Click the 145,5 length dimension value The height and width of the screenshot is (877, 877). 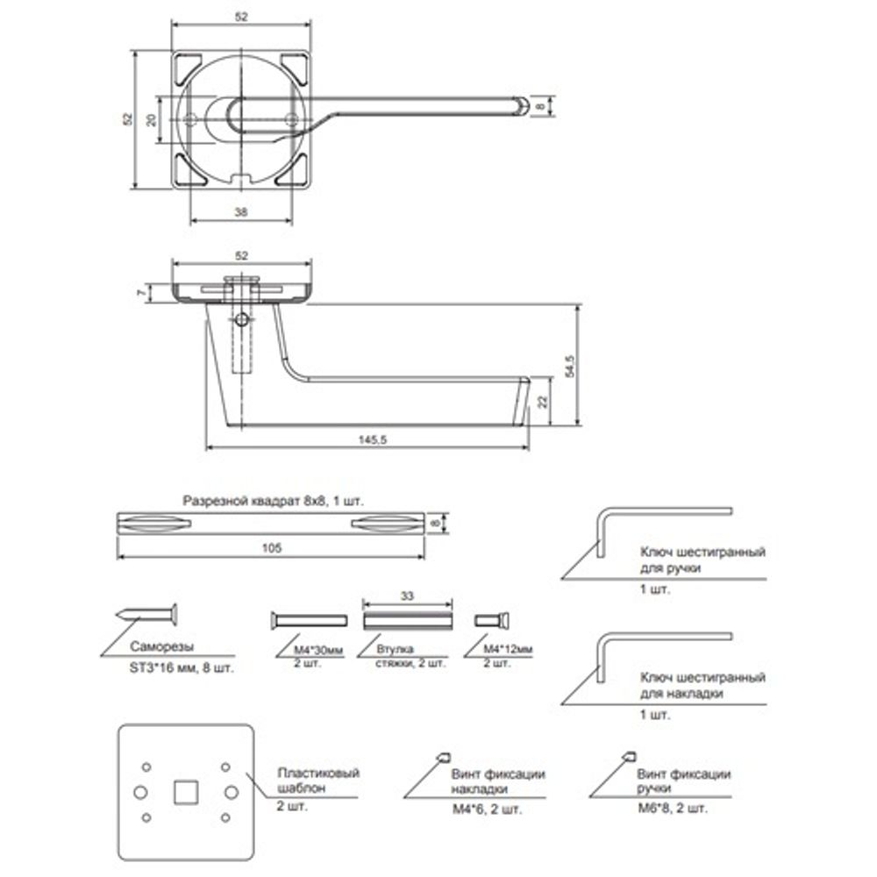click(367, 440)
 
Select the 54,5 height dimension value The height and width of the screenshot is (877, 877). click(570, 366)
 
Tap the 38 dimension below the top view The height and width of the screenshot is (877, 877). click(242, 210)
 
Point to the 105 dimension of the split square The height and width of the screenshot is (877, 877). click(272, 548)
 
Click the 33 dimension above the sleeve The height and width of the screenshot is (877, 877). click(408, 595)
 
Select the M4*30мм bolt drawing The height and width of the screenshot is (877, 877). click(306, 621)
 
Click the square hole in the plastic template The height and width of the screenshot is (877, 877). click(185, 791)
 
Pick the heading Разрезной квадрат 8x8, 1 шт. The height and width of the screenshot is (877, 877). click(272, 502)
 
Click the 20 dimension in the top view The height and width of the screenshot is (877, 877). click(151, 118)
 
